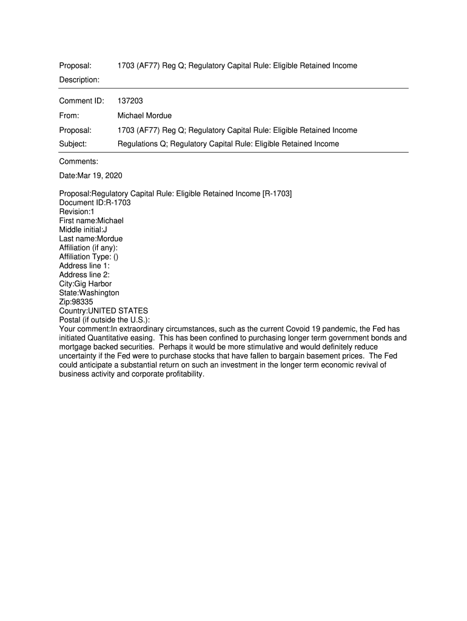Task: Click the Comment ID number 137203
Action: (x=130, y=100)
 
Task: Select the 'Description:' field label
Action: (x=79, y=79)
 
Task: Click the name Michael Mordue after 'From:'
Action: (x=144, y=115)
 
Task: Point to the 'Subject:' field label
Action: (x=73, y=144)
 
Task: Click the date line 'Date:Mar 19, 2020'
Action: (x=90, y=176)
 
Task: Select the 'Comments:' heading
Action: (x=78, y=161)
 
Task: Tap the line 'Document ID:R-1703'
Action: (x=95, y=203)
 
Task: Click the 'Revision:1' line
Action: (x=76, y=212)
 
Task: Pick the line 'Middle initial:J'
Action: (x=83, y=230)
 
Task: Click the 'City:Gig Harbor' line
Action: (x=85, y=284)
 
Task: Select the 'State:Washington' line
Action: (x=89, y=293)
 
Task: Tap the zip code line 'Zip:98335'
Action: (x=76, y=301)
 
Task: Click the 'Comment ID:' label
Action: (x=81, y=100)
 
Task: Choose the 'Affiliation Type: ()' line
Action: (x=89, y=257)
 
